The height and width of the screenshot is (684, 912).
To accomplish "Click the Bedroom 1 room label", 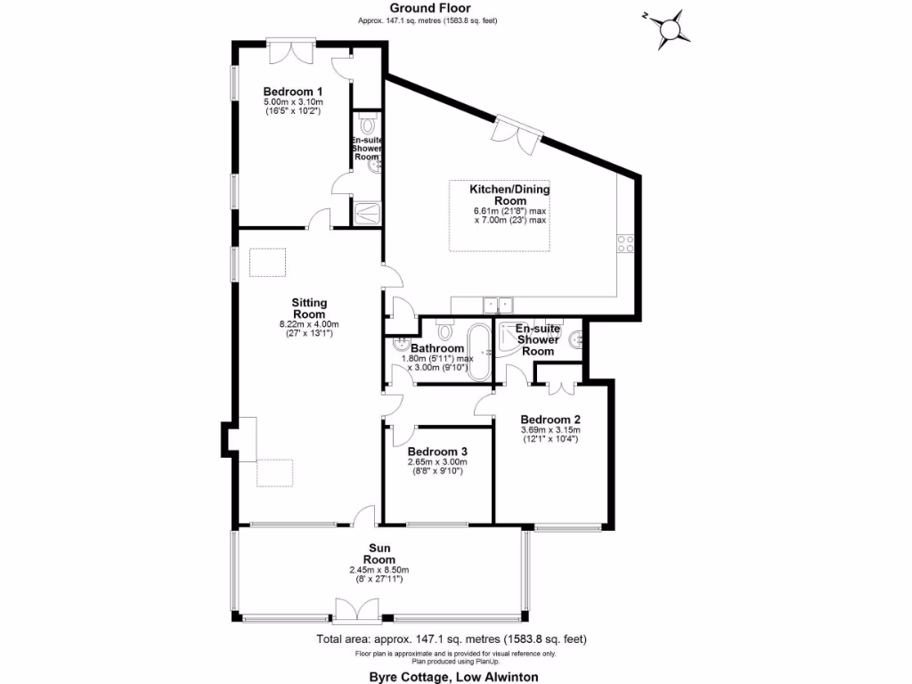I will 292,91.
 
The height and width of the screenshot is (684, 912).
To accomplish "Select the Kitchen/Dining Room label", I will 509,195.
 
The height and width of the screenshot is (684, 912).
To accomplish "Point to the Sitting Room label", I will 309,308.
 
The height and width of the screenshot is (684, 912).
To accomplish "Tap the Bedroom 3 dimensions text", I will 436,468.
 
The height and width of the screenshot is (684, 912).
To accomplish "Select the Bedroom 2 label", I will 550,419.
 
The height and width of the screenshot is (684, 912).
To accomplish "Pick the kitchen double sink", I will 497,305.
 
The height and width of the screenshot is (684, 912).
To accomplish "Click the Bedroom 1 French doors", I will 291,50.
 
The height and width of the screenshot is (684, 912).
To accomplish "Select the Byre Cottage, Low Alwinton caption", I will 453,676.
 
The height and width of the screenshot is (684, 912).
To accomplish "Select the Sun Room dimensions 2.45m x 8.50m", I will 379,570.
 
